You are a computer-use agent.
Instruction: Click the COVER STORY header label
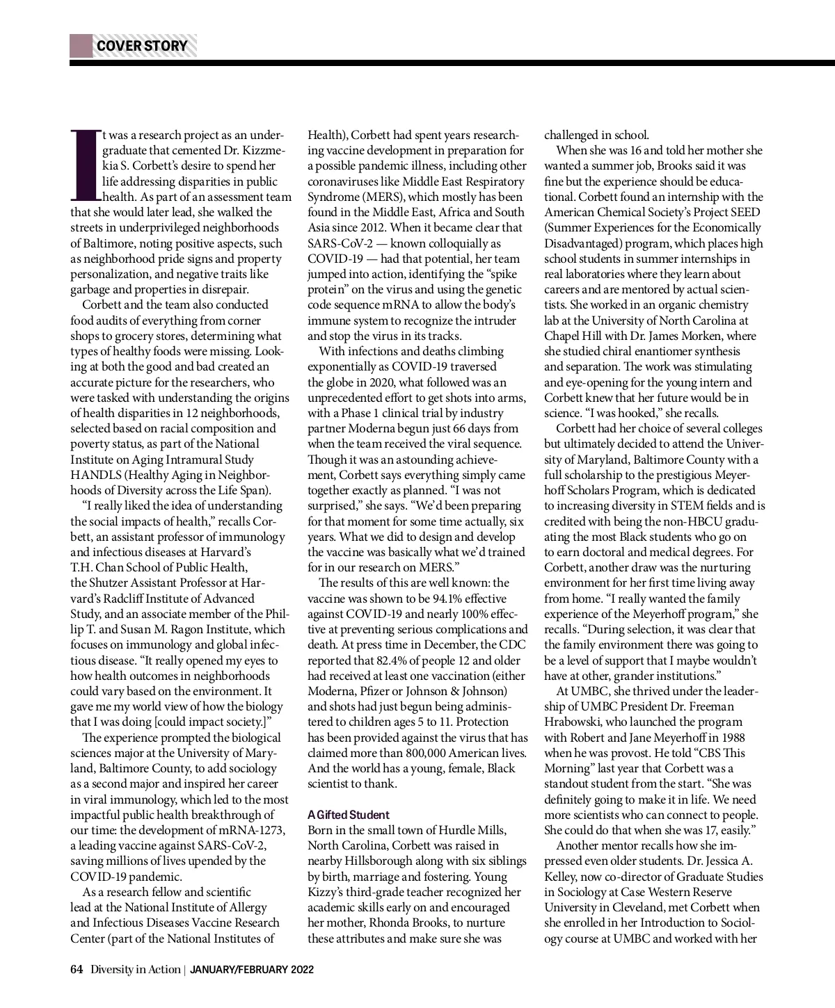pyautogui.click(x=142, y=47)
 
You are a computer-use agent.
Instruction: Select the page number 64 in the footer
pyautogui.click(x=77, y=970)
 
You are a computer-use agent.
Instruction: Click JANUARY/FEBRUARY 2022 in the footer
pyautogui.click(x=252, y=970)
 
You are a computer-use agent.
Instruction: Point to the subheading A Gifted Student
pyautogui.click(x=349, y=815)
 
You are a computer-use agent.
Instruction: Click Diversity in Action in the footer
pyautogui.click(x=134, y=970)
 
